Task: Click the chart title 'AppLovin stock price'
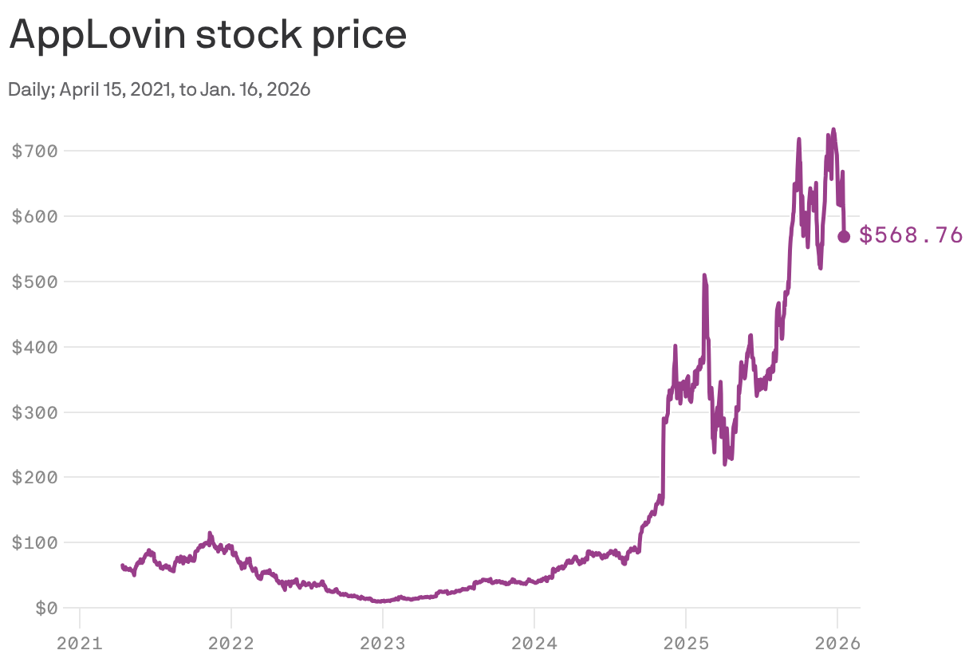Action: pos(207,36)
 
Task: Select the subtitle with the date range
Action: pos(159,89)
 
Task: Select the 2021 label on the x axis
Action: pos(79,642)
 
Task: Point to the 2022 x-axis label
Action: pos(230,642)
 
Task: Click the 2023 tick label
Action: pos(382,642)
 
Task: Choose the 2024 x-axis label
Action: pos(534,642)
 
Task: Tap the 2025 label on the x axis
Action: pos(686,642)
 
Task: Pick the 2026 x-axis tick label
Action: pos(837,642)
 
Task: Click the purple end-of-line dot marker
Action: pos(844,236)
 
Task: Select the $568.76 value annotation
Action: pos(911,235)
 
